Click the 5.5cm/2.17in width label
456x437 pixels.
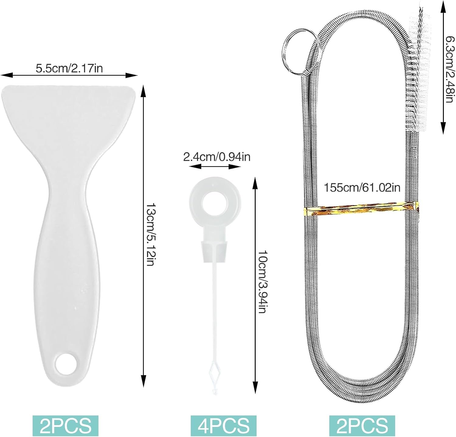pyautogui.click(x=69, y=68)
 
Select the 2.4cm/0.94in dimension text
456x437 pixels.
pyautogui.click(x=217, y=157)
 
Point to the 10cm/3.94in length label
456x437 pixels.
pyautogui.click(x=262, y=282)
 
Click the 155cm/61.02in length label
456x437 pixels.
pyautogui.click(x=362, y=187)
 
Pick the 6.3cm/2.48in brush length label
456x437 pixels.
pyautogui.click(x=450, y=69)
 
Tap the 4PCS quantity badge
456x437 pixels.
pyautogui.click(x=223, y=425)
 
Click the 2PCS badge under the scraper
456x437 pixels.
pyautogui.click(x=65, y=425)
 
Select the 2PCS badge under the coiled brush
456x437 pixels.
pyautogui.click(x=362, y=425)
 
